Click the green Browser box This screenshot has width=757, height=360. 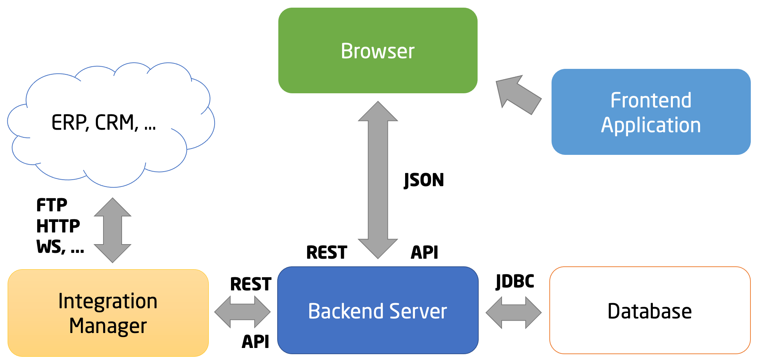pyautogui.click(x=378, y=50)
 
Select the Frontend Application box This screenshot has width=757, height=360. pyautogui.click(x=651, y=112)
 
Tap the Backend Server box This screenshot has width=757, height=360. pyautogui.click(x=378, y=310)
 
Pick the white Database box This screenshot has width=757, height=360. pyautogui.click(x=650, y=310)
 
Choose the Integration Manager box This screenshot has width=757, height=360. pyautogui.click(x=108, y=313)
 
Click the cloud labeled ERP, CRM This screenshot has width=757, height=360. pyautogui.click(x=104, y=123)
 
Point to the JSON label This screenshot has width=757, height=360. pyautogui.click(x=424, y=180)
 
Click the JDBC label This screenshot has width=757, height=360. pyautogui.click(x=515, y=281)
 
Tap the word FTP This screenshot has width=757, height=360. pyautogui.click(x=52, y=205)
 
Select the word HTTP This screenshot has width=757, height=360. pyautogui.click(x=58, y=226)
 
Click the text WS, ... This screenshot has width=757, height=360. pyautogui.click(x=51, y=247)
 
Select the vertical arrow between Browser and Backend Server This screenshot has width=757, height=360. pyautogui.click(x=378, y=180)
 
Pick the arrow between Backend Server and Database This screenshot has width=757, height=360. pyautogui.click(x=514, y=312)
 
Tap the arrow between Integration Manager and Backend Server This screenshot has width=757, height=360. pyautogui.click(x=243, y=312)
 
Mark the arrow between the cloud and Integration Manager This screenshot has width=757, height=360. pyautogui.click(x=113, y=230)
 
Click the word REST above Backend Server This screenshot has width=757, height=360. pyautogui.click(x=326, y=253)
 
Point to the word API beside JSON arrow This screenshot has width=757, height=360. pyautogui.click(x=424, y=253)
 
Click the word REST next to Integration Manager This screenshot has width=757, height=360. pyautogui.click(x=251, y=284)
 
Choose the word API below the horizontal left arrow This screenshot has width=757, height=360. pyautogui.click(x=255, y=342)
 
